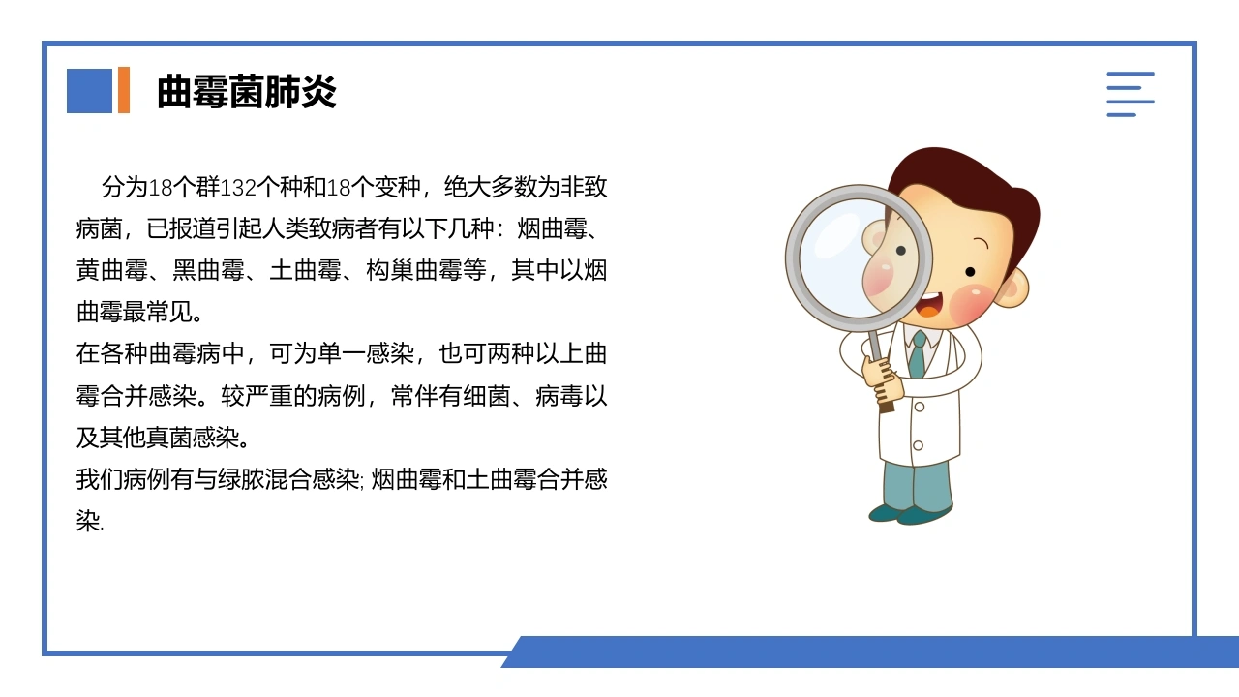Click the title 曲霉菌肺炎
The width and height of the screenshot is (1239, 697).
tap(247, 91)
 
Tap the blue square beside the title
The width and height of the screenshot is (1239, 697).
tap(89, 91)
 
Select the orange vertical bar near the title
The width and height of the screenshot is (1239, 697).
tap(124, 90)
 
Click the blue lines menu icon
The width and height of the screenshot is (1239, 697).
tap(1130, 94)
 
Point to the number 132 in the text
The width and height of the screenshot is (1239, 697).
tap(238, 188)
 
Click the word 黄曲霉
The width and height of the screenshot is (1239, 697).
tap(111, 270)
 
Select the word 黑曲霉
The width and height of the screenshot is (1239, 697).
tap(208, 270)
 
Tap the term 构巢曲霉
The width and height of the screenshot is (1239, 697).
tap(413, 270)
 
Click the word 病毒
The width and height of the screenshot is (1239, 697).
tap(559, 396)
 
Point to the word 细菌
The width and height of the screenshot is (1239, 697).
tap(487, 396)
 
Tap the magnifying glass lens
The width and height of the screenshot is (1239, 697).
tap(859, 258)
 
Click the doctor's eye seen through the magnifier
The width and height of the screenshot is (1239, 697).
tap(900, 251)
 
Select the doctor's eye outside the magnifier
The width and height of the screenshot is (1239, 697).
tap(970, 272)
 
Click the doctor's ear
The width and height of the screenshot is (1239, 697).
tap(1013, 288)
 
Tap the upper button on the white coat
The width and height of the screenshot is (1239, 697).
tap(920, 408)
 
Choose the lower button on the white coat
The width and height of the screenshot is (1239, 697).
tap(918, 445)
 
